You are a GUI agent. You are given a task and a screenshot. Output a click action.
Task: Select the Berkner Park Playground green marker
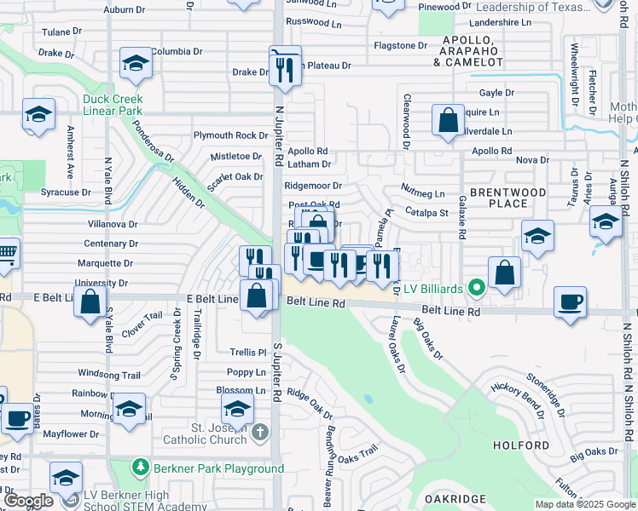tap(140, 468)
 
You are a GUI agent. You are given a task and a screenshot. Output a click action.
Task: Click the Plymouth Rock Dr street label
tap(230, 135)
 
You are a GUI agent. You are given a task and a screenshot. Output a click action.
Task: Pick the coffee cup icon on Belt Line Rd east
tap(570, 301)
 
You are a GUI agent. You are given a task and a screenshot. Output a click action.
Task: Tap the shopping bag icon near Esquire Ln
tap(448, 120)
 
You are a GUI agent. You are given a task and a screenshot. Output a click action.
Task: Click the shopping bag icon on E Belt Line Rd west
tap(90, 301)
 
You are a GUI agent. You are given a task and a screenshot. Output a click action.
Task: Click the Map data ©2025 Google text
tap(585, 504)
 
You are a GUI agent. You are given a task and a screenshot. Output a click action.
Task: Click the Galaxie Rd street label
tap(461, 216)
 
